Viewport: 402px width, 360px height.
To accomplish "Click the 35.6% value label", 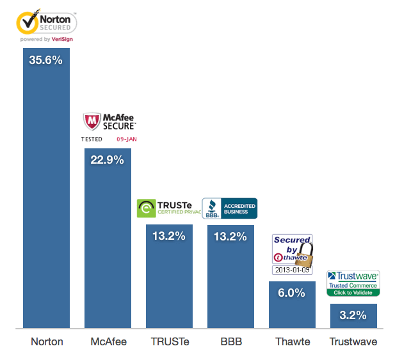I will point(46,60).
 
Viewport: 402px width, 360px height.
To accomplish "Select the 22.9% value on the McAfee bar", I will point(108,160).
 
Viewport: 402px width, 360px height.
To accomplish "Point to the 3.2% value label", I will point(353,315).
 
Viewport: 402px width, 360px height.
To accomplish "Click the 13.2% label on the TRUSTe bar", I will point(169,236).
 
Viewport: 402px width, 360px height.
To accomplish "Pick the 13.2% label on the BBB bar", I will point(230,236).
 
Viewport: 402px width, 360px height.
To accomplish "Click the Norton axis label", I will point(47,341).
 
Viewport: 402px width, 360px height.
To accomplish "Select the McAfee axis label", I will point(108,341).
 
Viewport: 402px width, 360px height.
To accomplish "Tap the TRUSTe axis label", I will point(169,341).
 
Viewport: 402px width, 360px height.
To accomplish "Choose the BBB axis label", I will point(230,341).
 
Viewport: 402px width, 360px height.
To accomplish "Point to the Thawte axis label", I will point(292,341).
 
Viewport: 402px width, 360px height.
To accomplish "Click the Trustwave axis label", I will point(353,341).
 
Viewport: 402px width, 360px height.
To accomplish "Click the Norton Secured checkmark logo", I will point(27,24).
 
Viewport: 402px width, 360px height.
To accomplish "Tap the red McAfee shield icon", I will point(92,121).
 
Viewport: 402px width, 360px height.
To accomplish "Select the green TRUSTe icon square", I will point(146,208).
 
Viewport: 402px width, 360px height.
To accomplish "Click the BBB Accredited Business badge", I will point(229,208).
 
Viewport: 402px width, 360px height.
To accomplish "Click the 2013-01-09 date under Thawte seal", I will point(292,270).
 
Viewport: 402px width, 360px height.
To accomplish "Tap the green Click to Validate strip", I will point(353,292).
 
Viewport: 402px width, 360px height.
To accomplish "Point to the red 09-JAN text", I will point(127,139).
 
